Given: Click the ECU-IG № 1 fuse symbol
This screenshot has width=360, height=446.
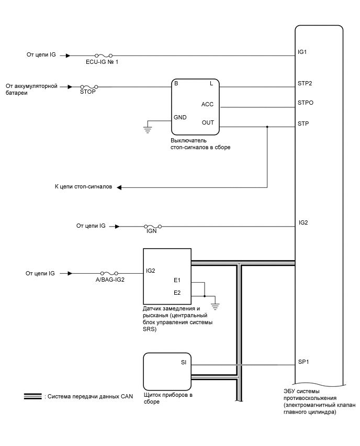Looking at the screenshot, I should click(103, 54).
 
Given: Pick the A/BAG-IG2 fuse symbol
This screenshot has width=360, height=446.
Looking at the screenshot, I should click(109, 273).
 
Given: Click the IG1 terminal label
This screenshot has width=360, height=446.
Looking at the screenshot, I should click(302, 52).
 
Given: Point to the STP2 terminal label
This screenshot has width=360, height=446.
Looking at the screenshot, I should click(305, 83).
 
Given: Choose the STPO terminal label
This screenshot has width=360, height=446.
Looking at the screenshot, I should click(306, 103).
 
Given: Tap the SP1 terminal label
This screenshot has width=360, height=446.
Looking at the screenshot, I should click(303, 362).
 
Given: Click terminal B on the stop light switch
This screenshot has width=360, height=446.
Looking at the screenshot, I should click(176, 83).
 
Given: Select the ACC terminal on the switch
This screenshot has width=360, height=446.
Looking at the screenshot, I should click(207, 104).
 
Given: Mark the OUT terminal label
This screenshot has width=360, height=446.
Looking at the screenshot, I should click(208, 123).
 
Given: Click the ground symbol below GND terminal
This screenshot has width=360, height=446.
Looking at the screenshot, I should click(149, 126).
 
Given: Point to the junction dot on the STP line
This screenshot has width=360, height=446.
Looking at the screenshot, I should click(267, 127).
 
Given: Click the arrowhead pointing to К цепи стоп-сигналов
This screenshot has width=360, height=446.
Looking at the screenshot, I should click(119, 187).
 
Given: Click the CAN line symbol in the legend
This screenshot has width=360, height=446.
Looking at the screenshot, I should click(32, 396).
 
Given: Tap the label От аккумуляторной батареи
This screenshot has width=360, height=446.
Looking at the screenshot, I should click(31, 89).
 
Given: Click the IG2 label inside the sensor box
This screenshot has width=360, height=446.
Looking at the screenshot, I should click(151, 271).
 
